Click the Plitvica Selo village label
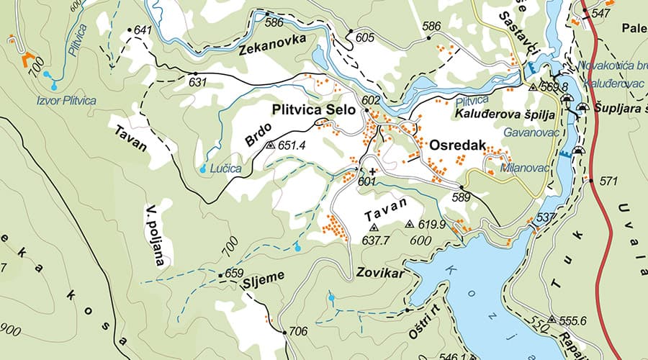point(314,109)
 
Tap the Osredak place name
point(454,145)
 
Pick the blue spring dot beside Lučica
point(203,168)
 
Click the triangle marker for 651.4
point(270,145)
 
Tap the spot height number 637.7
point(375,239)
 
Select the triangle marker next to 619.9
point(410,224)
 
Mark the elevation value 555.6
point(574,320)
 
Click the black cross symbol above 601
point(372,171)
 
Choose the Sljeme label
point(264,276)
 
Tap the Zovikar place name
point(378,274)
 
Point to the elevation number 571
point(608,181)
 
